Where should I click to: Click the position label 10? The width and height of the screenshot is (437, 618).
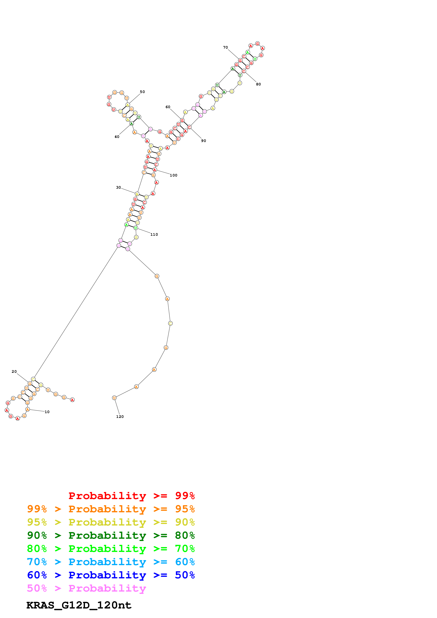pyautogui.click(x=47, y=412)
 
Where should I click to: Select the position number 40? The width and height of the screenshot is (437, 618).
pyautogui.click(x=117, y=137)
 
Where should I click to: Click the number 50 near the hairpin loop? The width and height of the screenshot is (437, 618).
pyautogui.click(x=142, y=92)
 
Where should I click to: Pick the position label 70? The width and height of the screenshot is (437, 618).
pyautogui.click(x=225, y=47)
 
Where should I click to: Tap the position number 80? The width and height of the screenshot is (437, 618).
pyautogui.click(x=258, y=84)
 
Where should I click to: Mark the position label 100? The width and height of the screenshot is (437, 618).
pyautogui.click(x=173, y=175)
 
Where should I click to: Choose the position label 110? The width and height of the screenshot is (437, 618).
pyautogui.click(x=154, y=234)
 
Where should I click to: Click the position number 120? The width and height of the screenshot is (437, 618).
pyautogui.click(x=120, y=417)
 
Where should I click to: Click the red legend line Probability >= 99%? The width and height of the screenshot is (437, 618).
pyautogui.click(x=131, y=496)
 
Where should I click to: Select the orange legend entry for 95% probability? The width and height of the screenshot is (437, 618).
pyautogui.click(x=111, y=509)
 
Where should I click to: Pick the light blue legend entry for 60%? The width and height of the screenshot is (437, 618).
pyautogui.click(x=111, y=562)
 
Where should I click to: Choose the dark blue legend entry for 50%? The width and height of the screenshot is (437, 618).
pyautogui.click(x=111, y=575)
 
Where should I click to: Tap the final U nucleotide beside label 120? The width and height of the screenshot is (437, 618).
pyautogui.click(x=114, y=398)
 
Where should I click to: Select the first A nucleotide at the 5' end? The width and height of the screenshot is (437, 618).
pyautogui.click(x=72, y=400)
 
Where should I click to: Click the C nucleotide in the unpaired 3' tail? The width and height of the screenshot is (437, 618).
pyautogui.click(x=170, y=323)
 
